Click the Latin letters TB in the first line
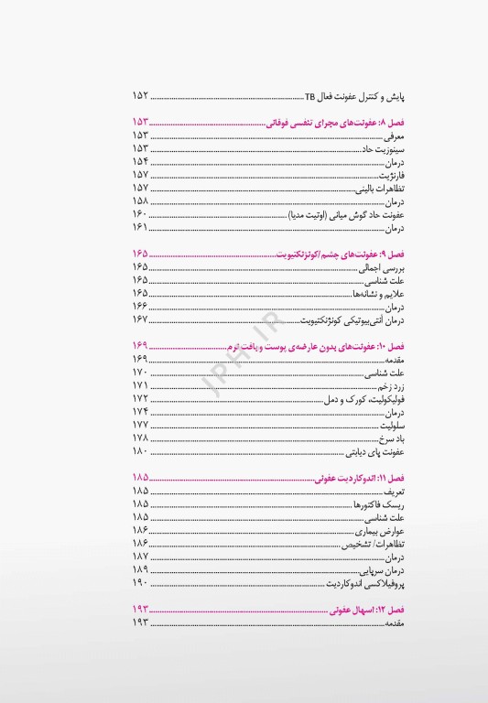[309, 95]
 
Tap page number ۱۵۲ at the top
[140, 95]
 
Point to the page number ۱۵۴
[140, 161]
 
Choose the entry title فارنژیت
[392, 175]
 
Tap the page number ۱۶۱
[140, 227]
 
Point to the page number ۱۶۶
[140, 307]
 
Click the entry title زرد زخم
[388, 387]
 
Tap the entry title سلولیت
[391, 427]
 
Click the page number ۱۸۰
[140, 452]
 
